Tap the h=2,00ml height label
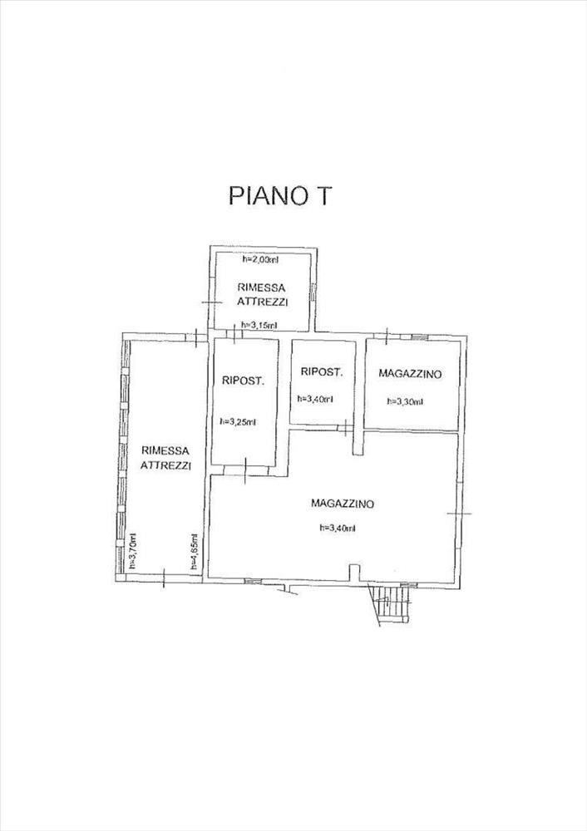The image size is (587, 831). (260, 259)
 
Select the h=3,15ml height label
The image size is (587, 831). (259, 325)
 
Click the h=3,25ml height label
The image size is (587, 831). (238, 421)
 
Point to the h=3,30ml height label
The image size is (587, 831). (405, 401)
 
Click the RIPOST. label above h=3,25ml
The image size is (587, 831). (244, 381)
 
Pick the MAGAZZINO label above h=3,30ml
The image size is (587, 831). (410, 374)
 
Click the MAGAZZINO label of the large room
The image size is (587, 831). (343, 503)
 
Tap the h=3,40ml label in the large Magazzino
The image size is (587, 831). (337, 527)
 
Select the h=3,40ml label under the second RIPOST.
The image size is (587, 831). (315, 398)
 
